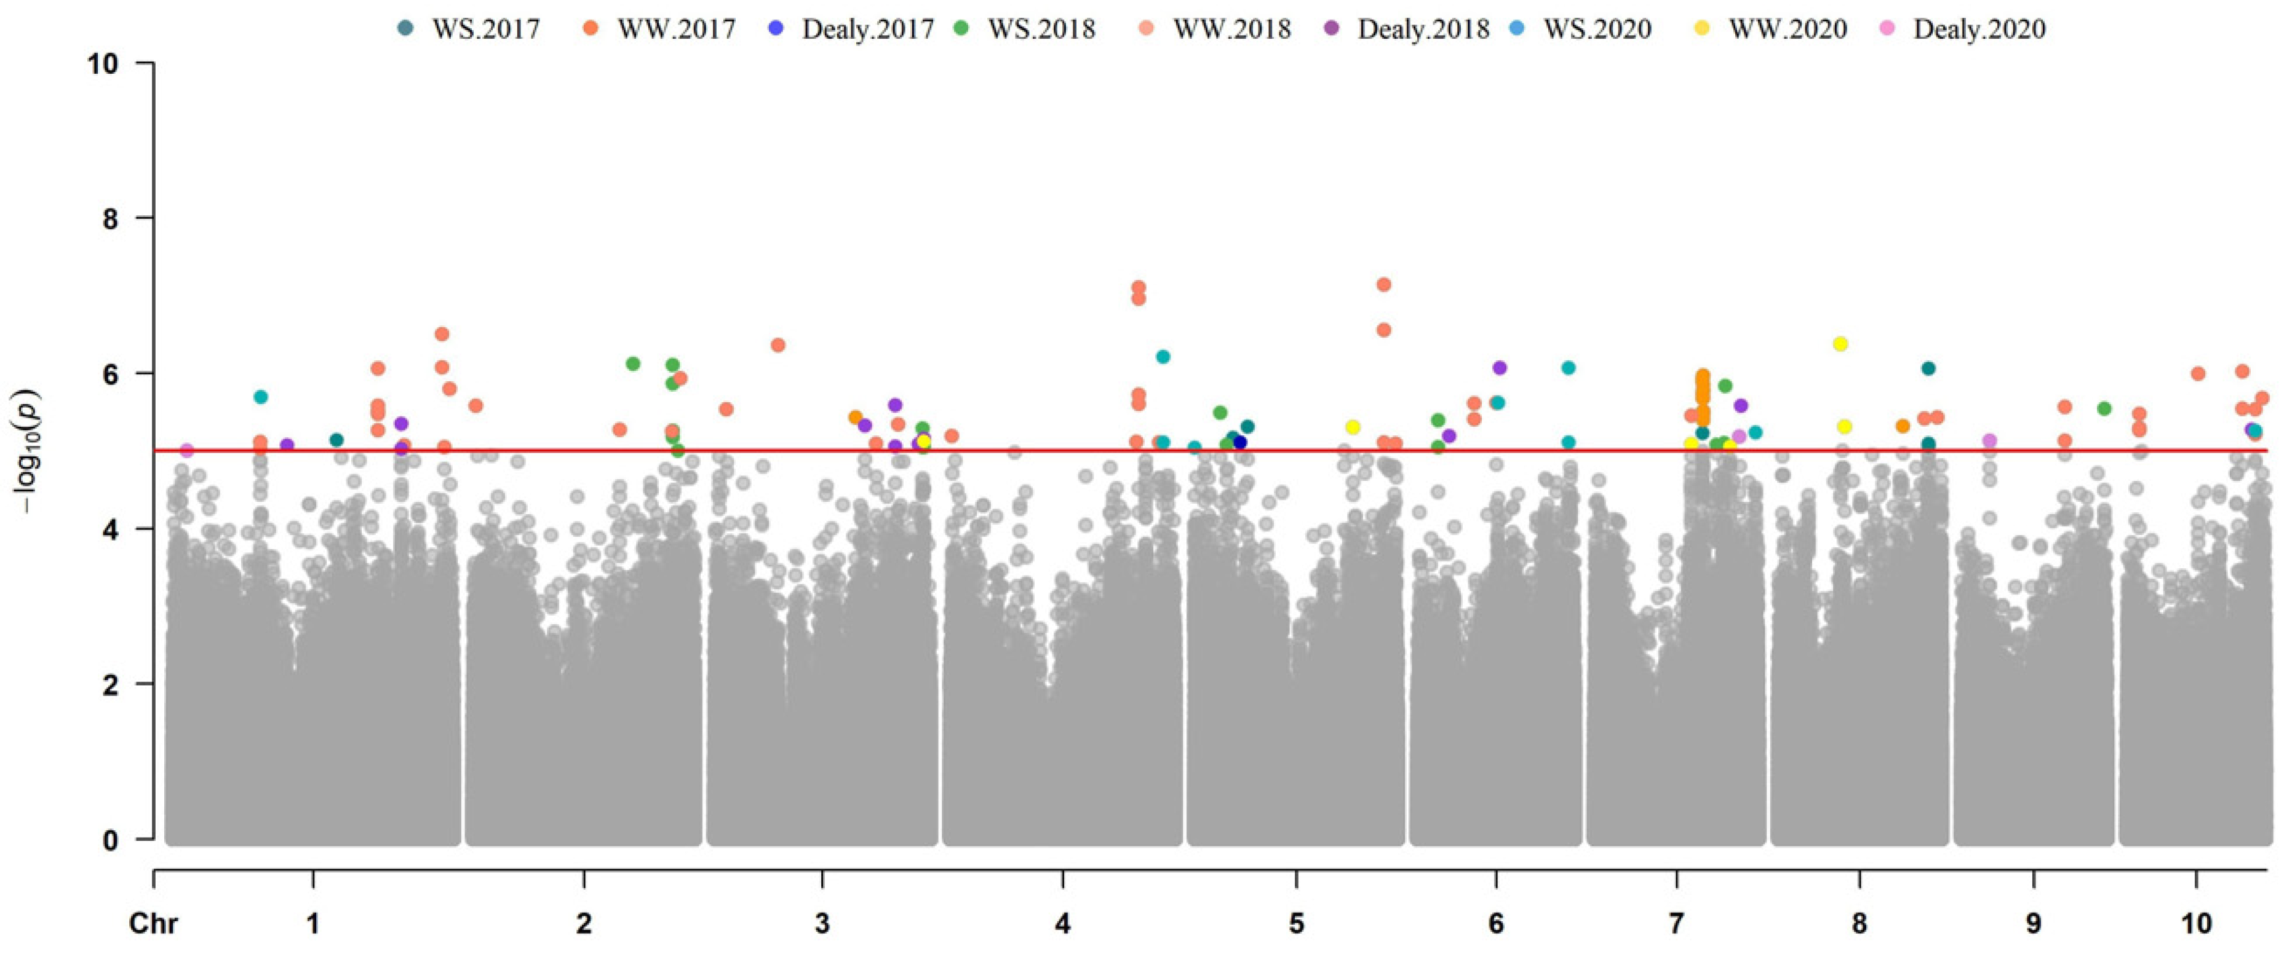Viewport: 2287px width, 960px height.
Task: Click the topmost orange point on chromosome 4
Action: [x=1138, y=287]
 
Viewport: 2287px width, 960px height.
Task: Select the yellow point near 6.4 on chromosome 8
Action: [x=1840, y=343]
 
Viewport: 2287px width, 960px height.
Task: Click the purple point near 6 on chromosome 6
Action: [x=1500, y=367]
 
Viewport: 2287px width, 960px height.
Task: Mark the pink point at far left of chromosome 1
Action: [x=186, y=450]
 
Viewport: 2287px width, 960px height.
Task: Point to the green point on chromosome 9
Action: [x=2103, y=408]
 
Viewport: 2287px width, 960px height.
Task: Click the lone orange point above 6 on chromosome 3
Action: [x=778, y=345]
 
